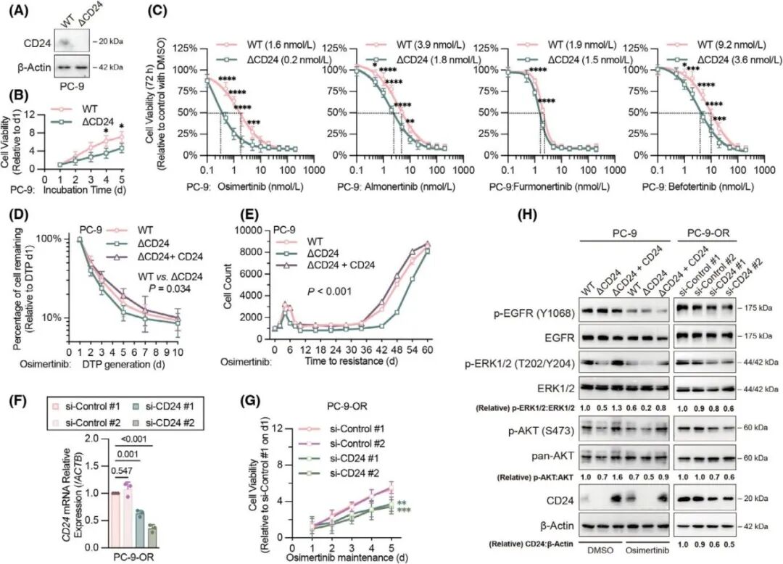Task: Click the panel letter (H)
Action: (x=530, y=215)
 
